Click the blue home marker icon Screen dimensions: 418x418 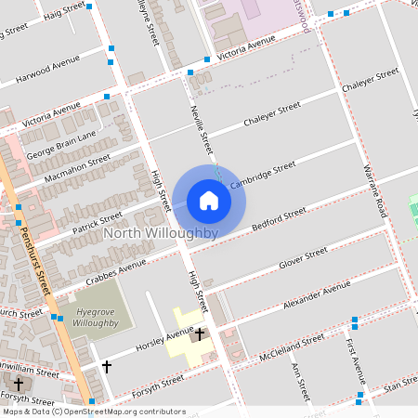coord(209,201)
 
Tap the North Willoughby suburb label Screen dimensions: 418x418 coord(162,232)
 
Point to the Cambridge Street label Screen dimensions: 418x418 coord(263,174)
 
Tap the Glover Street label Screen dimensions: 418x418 coord(303,259)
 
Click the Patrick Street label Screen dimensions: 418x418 coord(98,219)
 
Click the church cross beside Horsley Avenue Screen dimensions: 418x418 coord(199,332)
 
